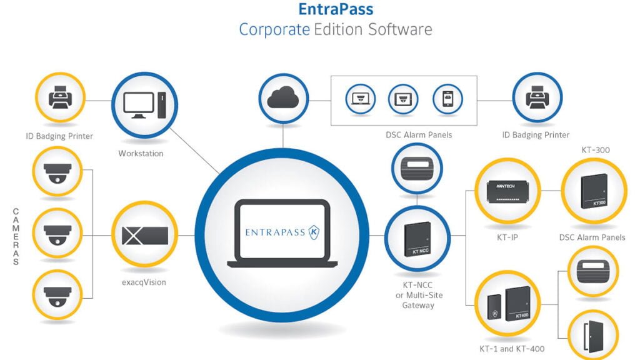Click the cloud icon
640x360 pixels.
pos(282,98)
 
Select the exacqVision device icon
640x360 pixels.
pos(144,235)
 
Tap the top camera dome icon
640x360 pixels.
pos(57,171)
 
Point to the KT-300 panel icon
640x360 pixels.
pos(593,190)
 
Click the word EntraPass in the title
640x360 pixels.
pos(336,9)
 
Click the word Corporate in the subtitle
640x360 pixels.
pos(274,29)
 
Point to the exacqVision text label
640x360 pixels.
pos(144,282)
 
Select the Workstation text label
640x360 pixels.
pos(141,153)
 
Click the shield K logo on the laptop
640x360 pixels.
pos(315,232)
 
